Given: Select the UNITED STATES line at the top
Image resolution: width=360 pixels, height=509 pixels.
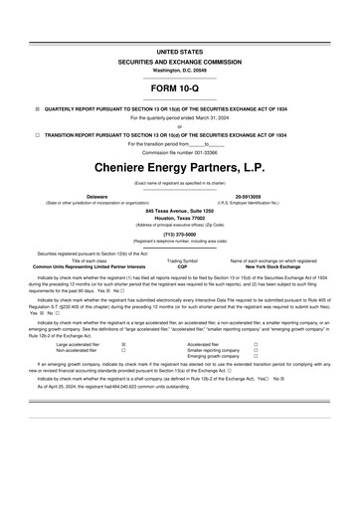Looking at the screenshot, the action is (x=179, y=49).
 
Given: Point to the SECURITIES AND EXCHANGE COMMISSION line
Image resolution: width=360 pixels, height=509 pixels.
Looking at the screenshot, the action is (x=179, y=60).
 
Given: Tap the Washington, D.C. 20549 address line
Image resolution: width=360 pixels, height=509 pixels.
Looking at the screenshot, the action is (x=179, y=70).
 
